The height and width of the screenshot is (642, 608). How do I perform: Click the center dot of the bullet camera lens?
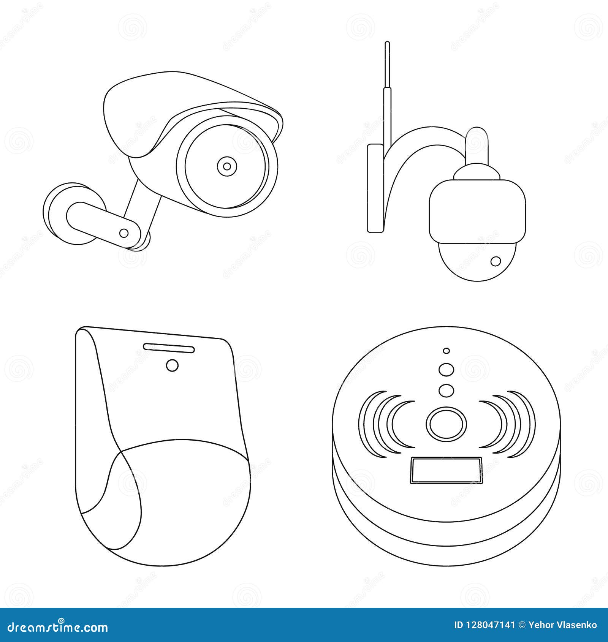tap(227, 166)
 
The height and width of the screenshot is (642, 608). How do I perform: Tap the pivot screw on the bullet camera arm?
tap(124, 233)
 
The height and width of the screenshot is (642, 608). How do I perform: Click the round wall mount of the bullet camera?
tap(57, 213)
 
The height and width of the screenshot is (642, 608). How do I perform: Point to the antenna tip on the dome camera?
tap(387, 44)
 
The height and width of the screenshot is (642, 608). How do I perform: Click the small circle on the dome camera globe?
tap(496, 261)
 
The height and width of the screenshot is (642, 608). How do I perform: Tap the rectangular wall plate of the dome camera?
tap(375, 188)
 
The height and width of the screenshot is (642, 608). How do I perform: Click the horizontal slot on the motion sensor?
tap(169, 348)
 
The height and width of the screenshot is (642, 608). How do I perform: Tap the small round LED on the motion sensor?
tap(172, 365)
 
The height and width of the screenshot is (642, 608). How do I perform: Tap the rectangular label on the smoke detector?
tap(446, 470)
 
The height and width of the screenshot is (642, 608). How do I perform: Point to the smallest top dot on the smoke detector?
tap(446, 351)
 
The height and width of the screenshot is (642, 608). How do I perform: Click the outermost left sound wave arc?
tap(365, 424)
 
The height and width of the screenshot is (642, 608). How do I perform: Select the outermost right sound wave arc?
tap(529, 424)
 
